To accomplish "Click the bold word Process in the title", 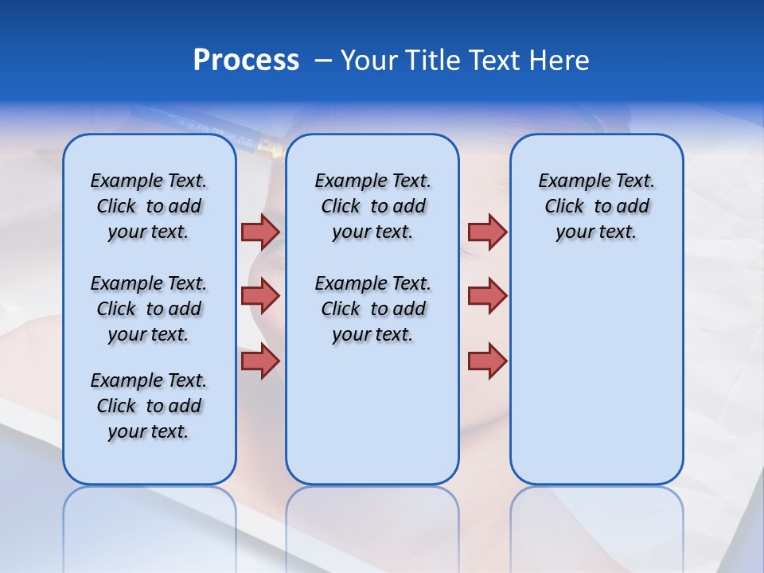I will pyautogui.click(x=246, y=60).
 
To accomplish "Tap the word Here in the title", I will pyautogui.click(x=559, y=60).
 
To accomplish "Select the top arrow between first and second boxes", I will pyautogui.click(x=260, y=232).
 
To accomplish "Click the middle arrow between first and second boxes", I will pyautogui.click(x=260, y=296).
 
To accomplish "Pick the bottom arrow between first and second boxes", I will pyautogui.click(x=260, y=361).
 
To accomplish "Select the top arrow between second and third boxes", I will pyautogui.click(x=487, y=232).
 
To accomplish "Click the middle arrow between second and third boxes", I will pyautogui.click(x=487, y=296).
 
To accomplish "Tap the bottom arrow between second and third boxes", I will pyautogui.click(x=487, y=361).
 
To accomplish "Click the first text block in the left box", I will pyautogui.click(x=149, y=206).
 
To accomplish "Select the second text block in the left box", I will pyautogui.click(x=149, y=309).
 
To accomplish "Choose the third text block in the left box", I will pyautogui.click(x=149, y=406).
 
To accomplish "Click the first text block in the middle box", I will pyautogui.click(x=372, y=206).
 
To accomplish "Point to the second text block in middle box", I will pyautogui.click(x=372, y=309).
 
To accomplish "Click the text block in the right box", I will pyautogui.click(x=597, y=206).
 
